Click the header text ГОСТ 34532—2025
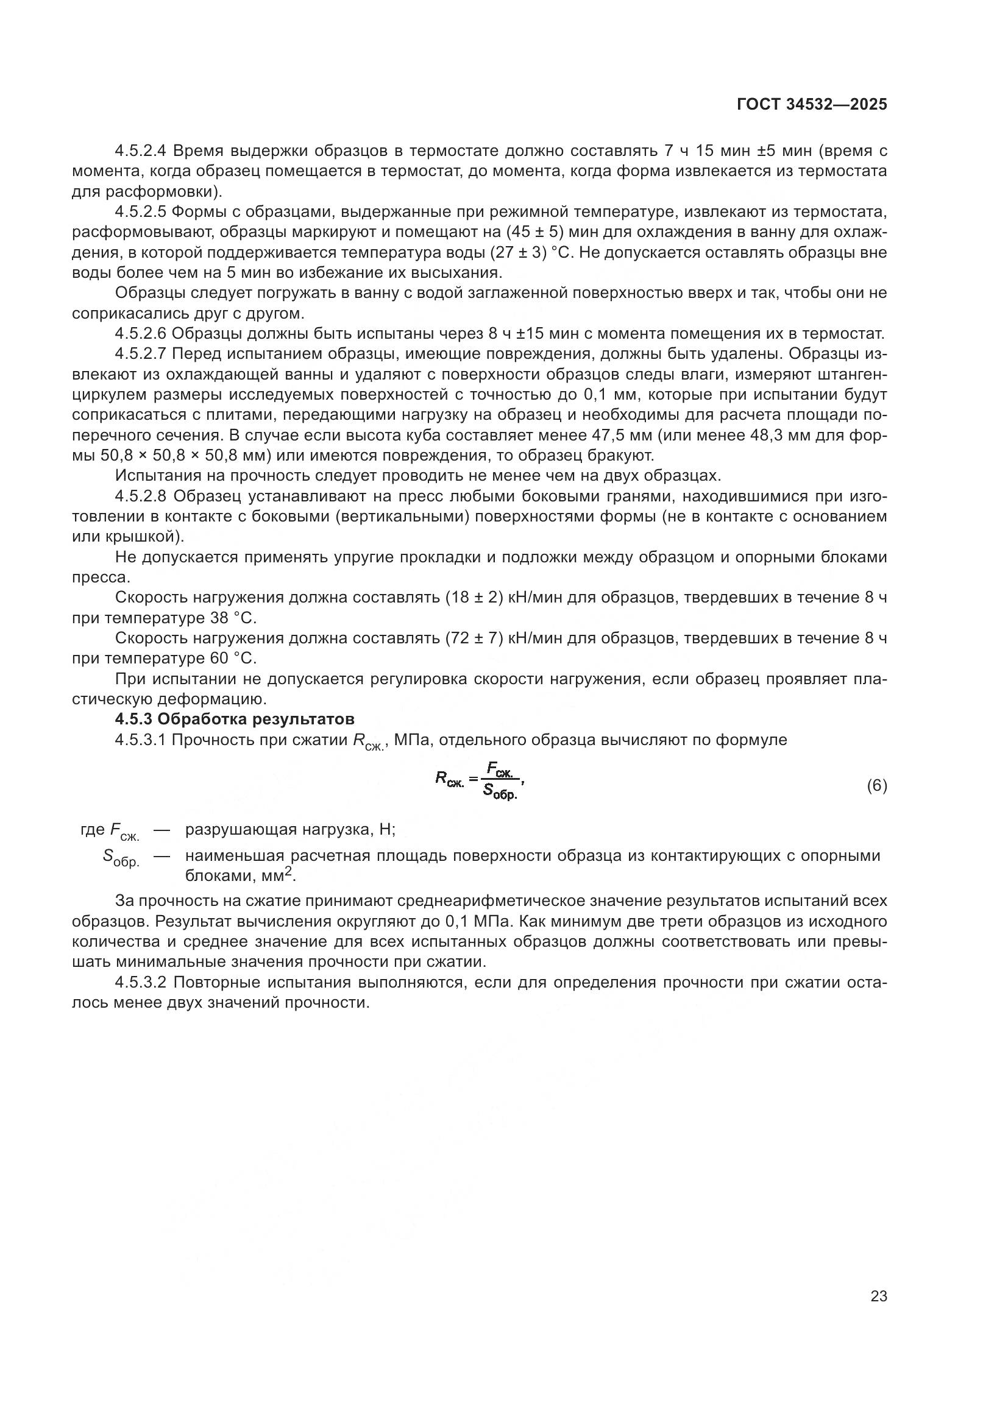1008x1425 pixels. click(812, 104)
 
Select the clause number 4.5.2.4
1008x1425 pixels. click(140, 151)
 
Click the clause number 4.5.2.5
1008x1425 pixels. click(140, 212)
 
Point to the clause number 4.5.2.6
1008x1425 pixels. click(140, 334)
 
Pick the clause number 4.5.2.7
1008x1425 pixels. click(140, 355)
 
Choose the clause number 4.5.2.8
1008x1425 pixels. click(140, 496)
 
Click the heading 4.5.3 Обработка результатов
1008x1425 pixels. click(235, 720)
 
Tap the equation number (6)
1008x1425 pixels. click(876, 786)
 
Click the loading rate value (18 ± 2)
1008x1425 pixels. click(474, 598)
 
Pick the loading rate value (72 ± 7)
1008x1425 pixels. click(474, 638)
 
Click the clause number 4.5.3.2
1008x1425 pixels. click(140, 983)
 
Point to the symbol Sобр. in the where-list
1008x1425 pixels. click(121, 859)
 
